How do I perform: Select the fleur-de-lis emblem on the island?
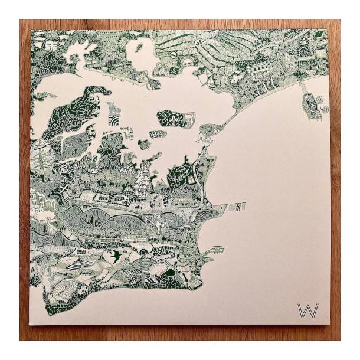[173, 117]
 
